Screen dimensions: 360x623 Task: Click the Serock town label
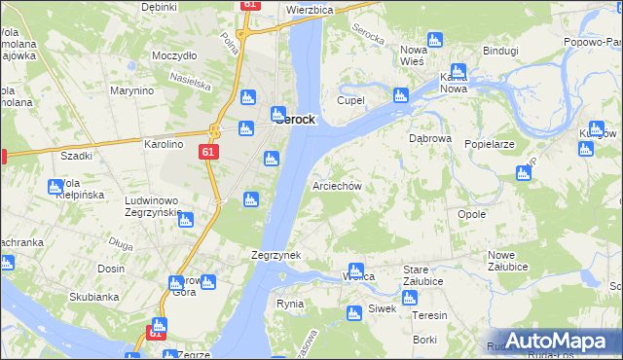click(294, 119)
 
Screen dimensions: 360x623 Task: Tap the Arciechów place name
click(338, 186)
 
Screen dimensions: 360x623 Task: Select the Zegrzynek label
click(275, 255)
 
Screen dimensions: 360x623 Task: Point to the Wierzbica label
click(310, 10)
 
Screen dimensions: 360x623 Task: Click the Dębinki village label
click(159, 7)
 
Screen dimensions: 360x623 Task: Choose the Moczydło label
click(174, 55)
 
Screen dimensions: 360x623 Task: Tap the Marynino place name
click(132, 91)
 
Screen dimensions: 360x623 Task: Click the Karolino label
click(164, 144)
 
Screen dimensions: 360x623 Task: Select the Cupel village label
click(350, 100)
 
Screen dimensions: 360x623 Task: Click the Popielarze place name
click(489, 143)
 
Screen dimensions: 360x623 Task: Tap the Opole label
click(471, 214)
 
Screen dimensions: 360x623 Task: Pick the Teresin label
click(429, 315)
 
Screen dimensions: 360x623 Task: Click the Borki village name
click(424, 340)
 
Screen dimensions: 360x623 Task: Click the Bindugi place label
click(500, 50)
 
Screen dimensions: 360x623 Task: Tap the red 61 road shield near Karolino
click(208, 153)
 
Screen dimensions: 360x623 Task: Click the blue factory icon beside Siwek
click(355, 312)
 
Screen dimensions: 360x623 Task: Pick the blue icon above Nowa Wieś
click(434, 40)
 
